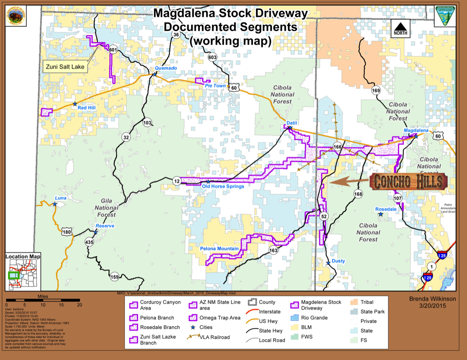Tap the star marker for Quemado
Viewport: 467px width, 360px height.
pyautogui.click(x=155, y=74)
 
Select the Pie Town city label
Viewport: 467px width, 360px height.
pyautogui.click(x=215, y=86)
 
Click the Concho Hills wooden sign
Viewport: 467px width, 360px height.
pyautogui.click(x=409, y=181)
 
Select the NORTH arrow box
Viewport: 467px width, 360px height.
pyautogui.click(x=400, y=29)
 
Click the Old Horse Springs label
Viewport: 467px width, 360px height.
pyautogui.click(x=223, y=186)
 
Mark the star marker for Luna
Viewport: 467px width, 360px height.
pyautogui.click(x=55, y=204)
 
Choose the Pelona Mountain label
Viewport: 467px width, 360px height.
pyautogui.click(x=219, y=249)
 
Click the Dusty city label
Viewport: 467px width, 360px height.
pyautogui.click(x=339, y=261)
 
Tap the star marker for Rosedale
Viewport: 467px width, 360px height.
pyautogui.click(x=380, y=214)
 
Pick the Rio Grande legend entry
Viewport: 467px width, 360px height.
pyautogui.click(x=310, y=318)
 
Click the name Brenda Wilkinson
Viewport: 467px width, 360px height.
pyautogui.click(x=432, y=299)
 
